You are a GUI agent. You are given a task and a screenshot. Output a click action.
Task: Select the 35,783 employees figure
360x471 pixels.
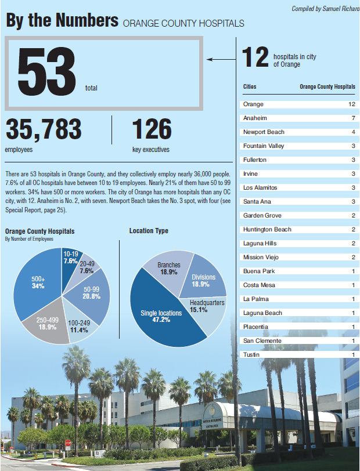click(x=43, y=131)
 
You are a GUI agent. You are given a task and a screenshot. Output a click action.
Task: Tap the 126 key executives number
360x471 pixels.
click(x=152, y=131)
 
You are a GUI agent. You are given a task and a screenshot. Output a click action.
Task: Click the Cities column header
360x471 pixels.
click(x=249, y=87)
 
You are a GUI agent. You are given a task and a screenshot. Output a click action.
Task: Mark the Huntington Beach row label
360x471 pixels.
click(x=267, y=230)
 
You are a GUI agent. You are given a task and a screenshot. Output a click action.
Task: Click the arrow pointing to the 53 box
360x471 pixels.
click(x=221, y=59)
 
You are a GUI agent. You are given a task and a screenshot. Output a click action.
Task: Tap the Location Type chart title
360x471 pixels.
click(x=149, y=231)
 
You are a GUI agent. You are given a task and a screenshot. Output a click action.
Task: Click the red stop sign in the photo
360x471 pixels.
click(x=68, y=443)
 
